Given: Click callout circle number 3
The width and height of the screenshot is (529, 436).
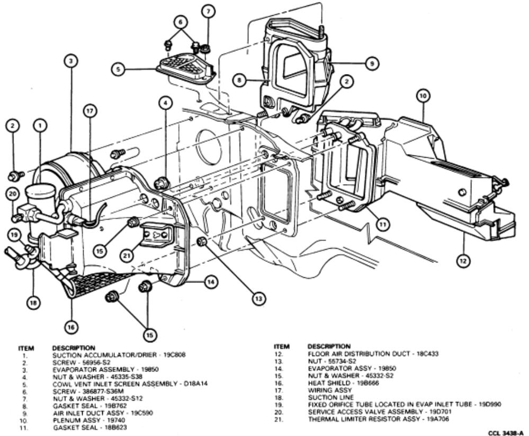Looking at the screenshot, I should pyautogui.click(x=70, y=61).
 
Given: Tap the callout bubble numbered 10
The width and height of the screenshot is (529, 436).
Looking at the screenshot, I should pyautogui.click(x=423, y=96).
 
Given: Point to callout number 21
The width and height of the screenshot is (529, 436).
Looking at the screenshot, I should pyautogui.click(x=126, y=255).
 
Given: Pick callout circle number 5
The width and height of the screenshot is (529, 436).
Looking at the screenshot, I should pyautogui.click(x=120, y=69).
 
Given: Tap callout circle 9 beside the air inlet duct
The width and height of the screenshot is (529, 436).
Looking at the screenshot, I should pyautogui.click(x=372, y=62).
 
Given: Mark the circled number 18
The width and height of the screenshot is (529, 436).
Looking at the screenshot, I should pyautogui.click(x=33, y=303).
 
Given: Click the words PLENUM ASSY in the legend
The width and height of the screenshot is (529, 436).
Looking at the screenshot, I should pyautogui.click(x=73, y=419).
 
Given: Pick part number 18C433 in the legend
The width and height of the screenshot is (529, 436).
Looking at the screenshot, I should pyautogui.click(x=424, y=353).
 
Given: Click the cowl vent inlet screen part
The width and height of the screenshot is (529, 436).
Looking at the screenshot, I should pyautogui.click(x=185, y=69).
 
